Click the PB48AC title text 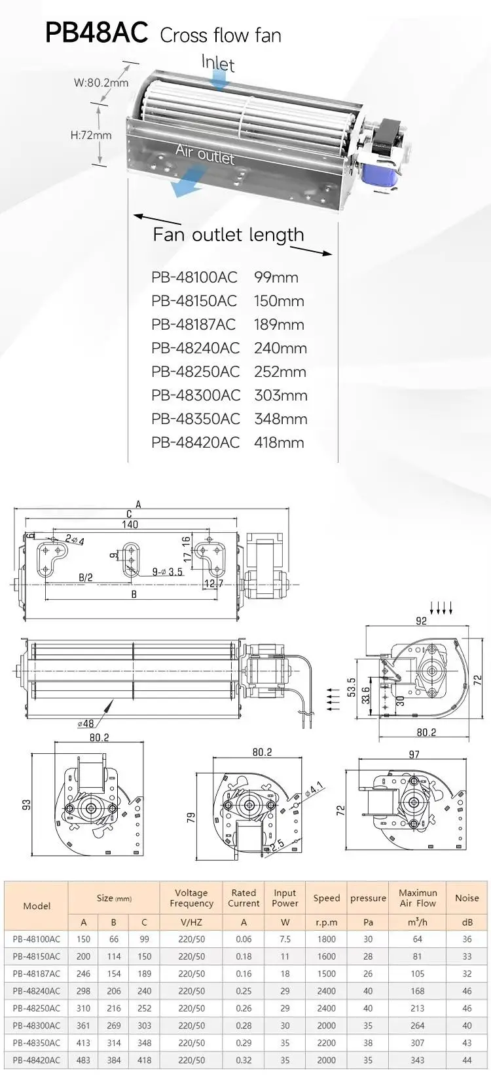96,33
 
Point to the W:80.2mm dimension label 101,83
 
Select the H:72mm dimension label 90,135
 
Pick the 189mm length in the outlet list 279,325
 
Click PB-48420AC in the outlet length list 195,442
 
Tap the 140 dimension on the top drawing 130,524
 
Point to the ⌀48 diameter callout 85,723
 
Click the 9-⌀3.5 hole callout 168,572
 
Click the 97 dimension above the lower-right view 414,754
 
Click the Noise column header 467,898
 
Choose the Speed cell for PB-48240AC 327,991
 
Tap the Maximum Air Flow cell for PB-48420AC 418,1060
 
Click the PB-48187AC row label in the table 37,974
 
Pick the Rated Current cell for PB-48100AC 244,939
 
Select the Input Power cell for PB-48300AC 285,1026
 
